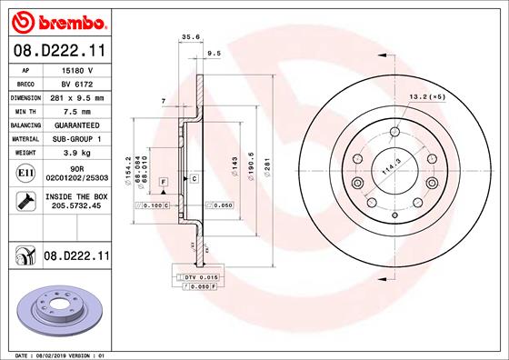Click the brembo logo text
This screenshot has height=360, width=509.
coord(73,23)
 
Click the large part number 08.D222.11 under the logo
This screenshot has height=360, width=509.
coord(59,51)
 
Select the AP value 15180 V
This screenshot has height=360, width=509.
coord(77,70)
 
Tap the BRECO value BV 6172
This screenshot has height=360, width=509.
coord(77,84)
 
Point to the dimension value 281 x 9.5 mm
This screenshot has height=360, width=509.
coord(77,98)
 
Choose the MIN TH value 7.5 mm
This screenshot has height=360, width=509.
coord(77,112)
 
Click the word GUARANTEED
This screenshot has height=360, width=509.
coord(77,125)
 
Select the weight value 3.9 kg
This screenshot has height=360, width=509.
coord(77,153)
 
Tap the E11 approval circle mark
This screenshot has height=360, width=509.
coord(25,173)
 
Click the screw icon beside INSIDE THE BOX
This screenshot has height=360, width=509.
coord(25,201)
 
